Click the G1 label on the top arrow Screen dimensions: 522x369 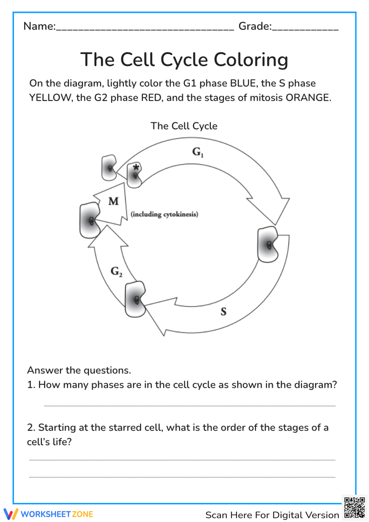197,152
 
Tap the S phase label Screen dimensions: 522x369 223,312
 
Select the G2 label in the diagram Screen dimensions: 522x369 116,272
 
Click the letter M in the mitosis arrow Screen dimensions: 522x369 113,201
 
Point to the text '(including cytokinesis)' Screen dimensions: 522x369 164,214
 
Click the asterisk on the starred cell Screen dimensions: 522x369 136,168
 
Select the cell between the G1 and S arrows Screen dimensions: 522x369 268,244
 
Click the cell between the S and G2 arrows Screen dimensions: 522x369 135,299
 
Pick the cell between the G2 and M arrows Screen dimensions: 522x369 90,220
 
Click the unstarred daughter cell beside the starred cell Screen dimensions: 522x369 109,168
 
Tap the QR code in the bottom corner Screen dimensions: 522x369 354,508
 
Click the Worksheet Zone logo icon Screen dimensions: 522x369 11,514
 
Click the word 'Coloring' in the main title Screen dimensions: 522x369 251,60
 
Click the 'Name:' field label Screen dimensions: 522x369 39,26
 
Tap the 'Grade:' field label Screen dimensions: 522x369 255,26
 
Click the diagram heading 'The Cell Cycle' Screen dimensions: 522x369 184,126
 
